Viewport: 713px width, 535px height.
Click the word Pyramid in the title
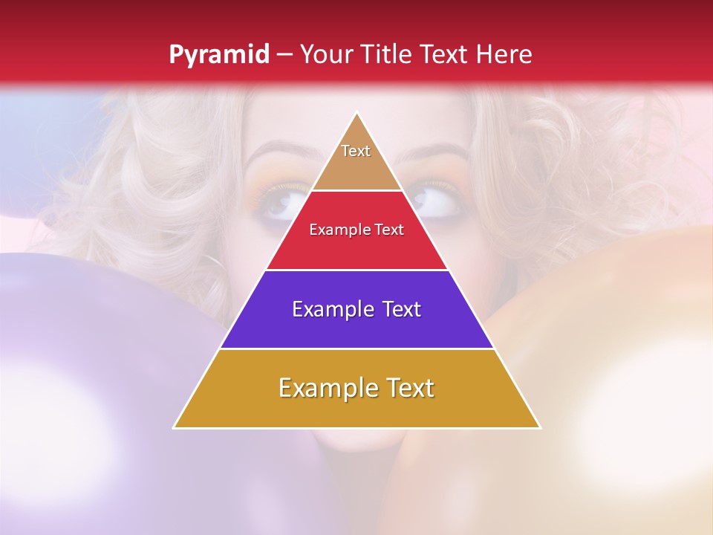pos(218,55)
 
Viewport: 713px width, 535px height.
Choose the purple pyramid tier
pos(356,327)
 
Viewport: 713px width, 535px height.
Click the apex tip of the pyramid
pos(357,114)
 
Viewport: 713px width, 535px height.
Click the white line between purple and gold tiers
pos(356,348)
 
